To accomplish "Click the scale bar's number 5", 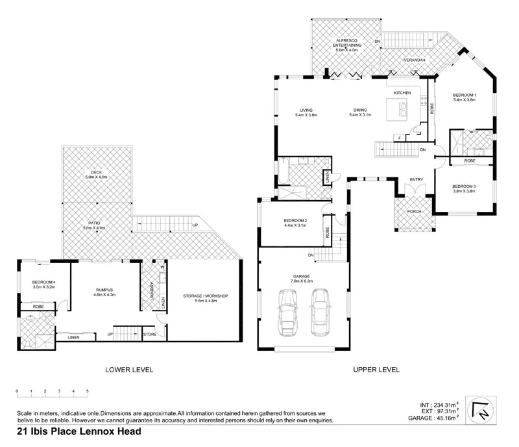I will tap(87, 392).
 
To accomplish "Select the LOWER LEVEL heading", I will tap(129, 370).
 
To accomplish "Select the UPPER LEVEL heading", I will tap(376, 370).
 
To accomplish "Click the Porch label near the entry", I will tap(413, 212).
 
